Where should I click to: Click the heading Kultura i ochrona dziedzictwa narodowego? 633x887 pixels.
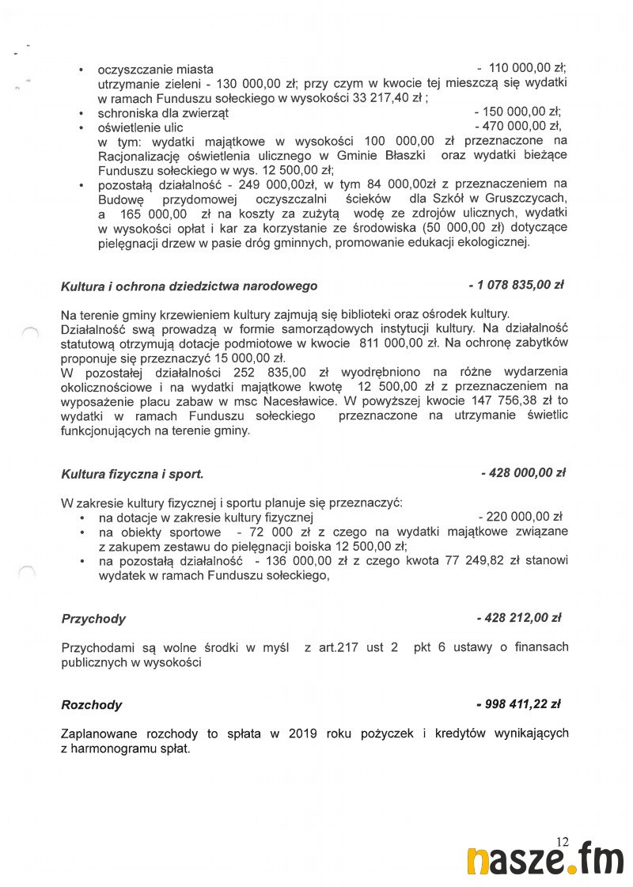tap(189, 286)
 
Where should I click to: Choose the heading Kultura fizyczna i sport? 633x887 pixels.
tap(132, 474)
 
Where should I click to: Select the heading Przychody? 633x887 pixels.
tap(93, 619)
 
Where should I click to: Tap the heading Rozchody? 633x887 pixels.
tap(92, 704)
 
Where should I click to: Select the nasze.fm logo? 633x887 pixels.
tap(545, 861)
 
